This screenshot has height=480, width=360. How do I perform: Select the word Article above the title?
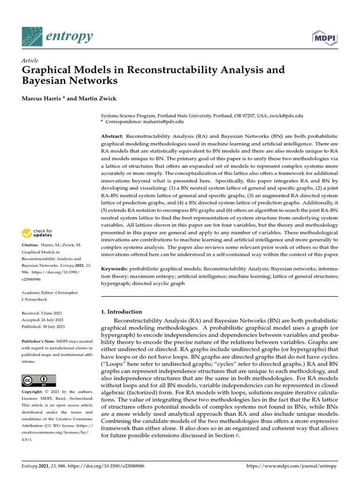pyautogui.click(x=30, y=61)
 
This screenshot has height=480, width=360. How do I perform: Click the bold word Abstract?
pyautogui.click(x=112, y=135)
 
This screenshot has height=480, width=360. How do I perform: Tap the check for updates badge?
pyautogui.click(x=37, y=233)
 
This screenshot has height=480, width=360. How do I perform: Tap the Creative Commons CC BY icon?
pyautogui.click(x=39, y=380)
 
